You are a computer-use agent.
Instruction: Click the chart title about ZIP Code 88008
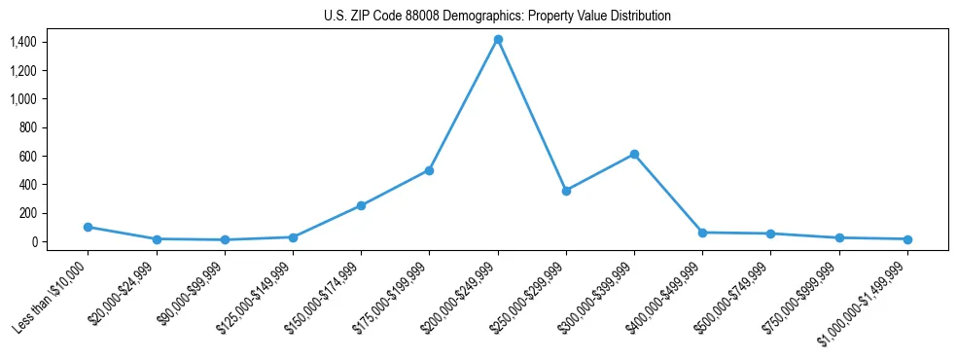[497, 16]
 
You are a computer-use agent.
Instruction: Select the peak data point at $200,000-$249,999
[498, 39]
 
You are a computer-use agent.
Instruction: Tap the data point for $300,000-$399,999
[634, 154]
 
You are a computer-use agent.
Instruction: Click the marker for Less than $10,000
[89, 227]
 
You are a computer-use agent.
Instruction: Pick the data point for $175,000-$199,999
[429, 170]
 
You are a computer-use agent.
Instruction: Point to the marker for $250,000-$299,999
[566, 191]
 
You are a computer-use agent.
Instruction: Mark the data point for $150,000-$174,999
[361, 205]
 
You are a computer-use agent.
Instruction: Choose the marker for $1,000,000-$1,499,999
[907, 239]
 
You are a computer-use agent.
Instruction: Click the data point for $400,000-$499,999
[702, 233]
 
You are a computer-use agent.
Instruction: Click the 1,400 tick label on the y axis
[22, 42]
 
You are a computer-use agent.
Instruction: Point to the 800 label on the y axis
[26, 127]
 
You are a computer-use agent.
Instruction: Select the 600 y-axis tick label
[26, 156]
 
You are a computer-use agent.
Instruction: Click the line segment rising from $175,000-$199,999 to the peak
[464, 104]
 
